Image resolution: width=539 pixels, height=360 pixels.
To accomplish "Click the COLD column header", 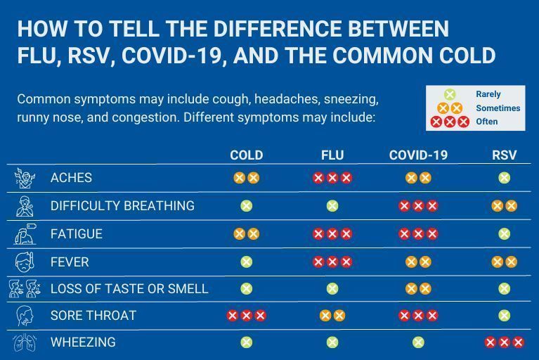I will [246, 155].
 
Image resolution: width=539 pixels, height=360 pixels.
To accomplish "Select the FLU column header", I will [332, 155].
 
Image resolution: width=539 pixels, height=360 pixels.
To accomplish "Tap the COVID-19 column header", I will [418, 155].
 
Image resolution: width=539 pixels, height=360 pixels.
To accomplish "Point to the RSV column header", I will [504, 155].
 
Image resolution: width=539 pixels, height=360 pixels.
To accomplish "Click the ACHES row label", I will [71, 178].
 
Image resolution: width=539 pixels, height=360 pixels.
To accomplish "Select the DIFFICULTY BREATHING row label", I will [122, 206].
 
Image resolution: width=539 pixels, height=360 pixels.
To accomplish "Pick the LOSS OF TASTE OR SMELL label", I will [129, 289].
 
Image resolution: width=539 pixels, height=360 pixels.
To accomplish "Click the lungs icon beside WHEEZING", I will [25, 343].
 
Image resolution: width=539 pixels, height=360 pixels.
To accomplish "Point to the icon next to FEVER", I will [25, 262].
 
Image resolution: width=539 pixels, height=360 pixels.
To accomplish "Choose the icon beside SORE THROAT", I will [25, 316].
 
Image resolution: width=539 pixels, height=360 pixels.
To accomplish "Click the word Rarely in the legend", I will [488, 94].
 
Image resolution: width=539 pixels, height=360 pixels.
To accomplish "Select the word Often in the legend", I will [486, 122].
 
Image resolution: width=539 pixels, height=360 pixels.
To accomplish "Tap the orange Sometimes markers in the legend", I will [450, 108].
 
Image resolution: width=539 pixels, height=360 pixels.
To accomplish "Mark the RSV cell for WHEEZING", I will [504, 342].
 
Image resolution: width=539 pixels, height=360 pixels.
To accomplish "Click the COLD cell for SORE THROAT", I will [246, 316].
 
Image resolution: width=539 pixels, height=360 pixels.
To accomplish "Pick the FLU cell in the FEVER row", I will [332, 262].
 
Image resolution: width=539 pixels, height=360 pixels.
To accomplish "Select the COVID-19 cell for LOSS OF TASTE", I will [418, 289].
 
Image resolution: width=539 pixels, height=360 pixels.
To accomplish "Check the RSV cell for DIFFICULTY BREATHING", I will [504, 206].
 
